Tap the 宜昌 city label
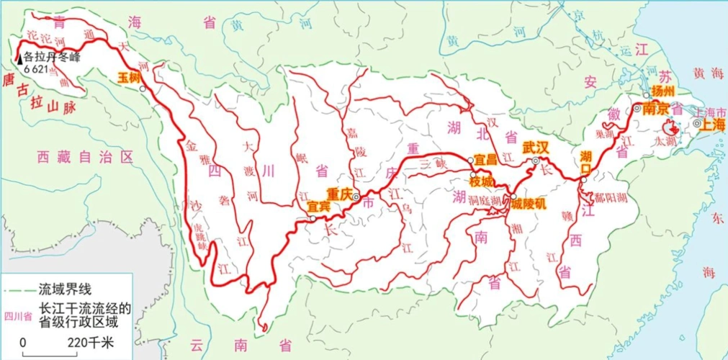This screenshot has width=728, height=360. pos(486,158)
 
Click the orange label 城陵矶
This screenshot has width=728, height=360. pos(529,204)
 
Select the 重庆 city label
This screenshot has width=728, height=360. pos(339,194)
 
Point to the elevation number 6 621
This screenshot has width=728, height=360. pos(37,70)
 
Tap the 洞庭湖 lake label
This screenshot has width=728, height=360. pos(485,199)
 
